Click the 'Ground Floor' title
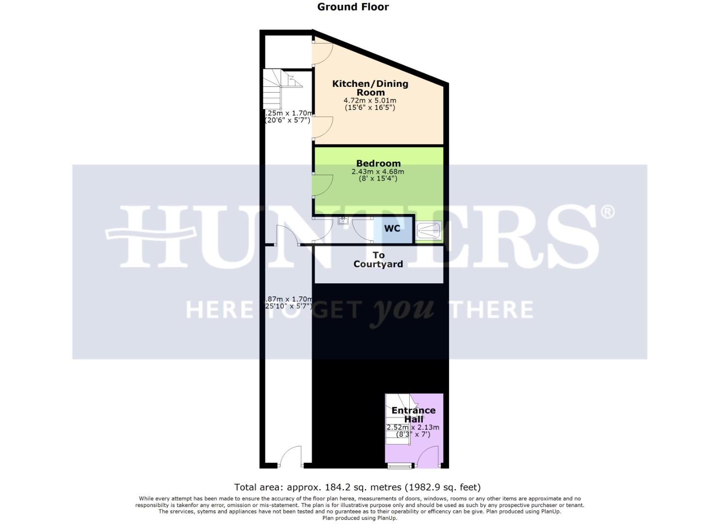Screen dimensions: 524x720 tap(352, 7)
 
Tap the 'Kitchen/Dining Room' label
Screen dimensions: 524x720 tap(370, 88)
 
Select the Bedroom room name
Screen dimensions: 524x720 tap(378, 164)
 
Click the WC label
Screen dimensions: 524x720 tap(392, 228)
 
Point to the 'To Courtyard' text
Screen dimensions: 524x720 tap(378, 260)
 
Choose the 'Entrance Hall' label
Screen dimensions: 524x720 tap(414, 414)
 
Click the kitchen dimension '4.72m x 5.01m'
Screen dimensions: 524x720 tap(370, 100)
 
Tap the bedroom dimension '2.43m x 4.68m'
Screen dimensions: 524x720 tap(378, 171)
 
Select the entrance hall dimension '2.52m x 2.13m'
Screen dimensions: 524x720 tap(413, 427)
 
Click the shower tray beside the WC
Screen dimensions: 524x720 tap(429, 230)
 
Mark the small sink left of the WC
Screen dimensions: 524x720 tap(343, 221)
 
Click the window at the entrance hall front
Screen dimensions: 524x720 tap(400, 467)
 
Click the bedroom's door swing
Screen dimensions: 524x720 tap(321, 186)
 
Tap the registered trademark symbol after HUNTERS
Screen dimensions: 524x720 tap(607, 212)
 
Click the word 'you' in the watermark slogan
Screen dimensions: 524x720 tap(401, 310)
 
